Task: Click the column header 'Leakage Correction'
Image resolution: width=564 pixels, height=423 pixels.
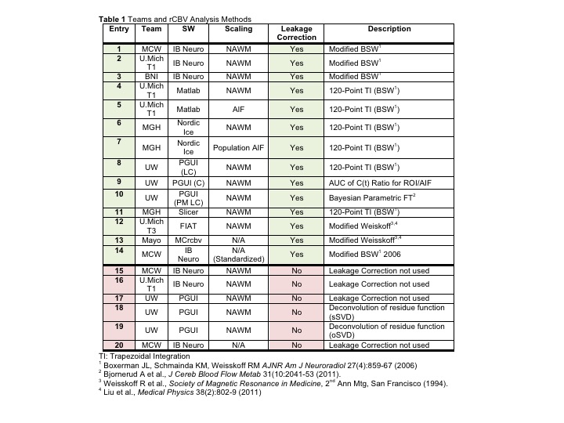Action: (x=297, y=33)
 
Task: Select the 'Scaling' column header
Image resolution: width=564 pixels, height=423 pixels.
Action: (x=239, y=29)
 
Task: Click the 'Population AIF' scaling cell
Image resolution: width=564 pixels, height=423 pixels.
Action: (x=239, y=146)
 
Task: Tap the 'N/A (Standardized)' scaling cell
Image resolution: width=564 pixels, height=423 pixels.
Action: (x=239, y=254)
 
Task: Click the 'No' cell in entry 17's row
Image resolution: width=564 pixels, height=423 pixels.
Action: (x=297, y=298)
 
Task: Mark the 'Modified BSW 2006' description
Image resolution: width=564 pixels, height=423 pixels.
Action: (x=366, y=254)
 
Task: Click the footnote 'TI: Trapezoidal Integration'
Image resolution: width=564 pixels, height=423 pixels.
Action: (x=146, y=356)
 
